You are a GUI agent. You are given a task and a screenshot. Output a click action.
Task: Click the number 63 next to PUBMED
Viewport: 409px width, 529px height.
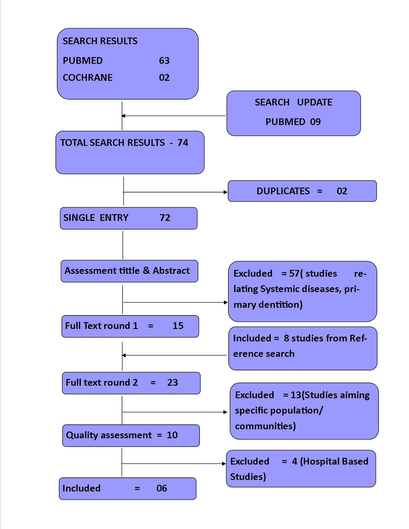(164, 61)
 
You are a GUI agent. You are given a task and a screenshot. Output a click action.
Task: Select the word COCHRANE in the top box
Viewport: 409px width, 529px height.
(88, 78)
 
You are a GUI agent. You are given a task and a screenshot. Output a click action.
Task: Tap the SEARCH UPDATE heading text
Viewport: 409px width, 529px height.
(293, 102)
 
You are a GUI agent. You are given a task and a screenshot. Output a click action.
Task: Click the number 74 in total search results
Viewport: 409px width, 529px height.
(183, 143)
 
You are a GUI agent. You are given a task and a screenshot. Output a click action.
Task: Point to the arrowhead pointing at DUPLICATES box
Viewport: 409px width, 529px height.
(226, 192)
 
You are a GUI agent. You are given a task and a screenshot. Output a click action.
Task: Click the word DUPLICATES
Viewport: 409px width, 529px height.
(283, 191)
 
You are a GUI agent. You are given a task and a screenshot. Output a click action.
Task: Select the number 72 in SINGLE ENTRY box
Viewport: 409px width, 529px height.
(165, 218)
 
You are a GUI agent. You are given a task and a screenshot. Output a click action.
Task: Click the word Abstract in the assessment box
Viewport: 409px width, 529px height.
(171, 271)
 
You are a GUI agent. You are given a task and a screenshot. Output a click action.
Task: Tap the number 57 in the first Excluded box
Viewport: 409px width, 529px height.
(294, 273)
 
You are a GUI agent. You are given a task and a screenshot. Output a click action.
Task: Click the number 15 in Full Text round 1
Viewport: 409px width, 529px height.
(178, 326)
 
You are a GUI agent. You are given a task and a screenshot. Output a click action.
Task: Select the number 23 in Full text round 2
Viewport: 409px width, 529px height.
(172, 382)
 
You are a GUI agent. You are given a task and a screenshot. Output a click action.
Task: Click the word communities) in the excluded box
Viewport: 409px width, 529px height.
(265, 426)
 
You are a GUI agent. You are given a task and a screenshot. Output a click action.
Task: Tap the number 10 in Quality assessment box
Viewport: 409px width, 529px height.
(172, 435)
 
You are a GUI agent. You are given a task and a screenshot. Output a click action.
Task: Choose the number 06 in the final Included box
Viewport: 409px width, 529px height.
(162, 488)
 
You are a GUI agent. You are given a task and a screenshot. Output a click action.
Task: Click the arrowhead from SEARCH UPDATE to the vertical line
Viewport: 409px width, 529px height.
(124, 116)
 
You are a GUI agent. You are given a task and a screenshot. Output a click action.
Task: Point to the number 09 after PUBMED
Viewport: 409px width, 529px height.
(315, 122)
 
